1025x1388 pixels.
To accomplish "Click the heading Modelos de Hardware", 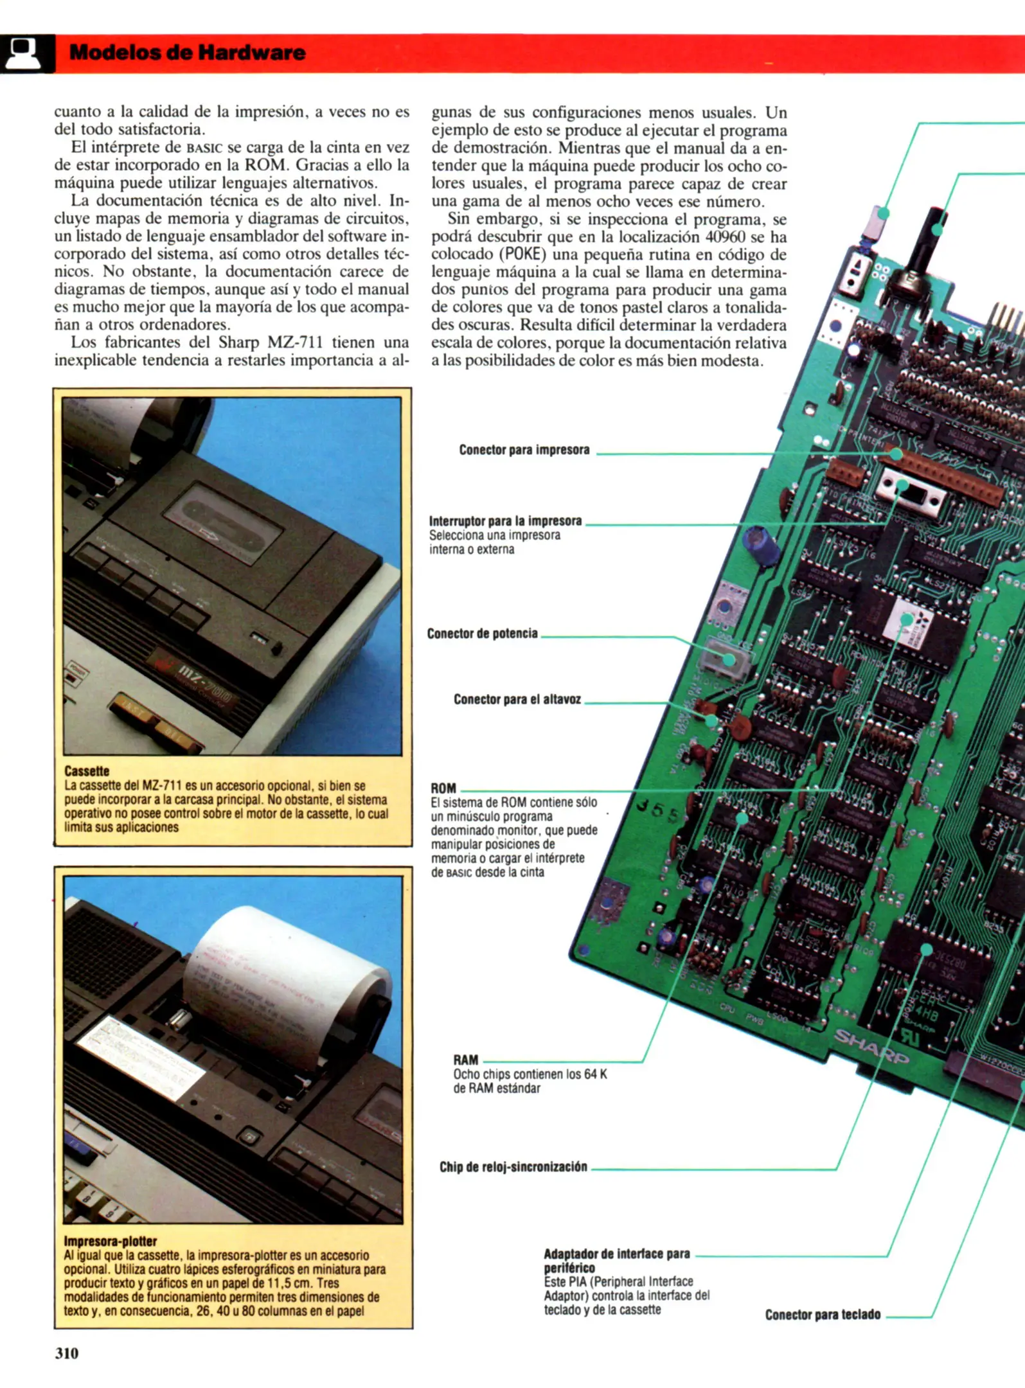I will [x=187, y=53].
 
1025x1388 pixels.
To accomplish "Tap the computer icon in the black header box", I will [x=22, y=53].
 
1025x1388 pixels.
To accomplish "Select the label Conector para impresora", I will [x=524, y=450].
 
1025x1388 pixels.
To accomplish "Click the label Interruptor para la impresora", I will [x=505, y=520].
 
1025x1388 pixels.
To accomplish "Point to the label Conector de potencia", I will [x=482, y=634].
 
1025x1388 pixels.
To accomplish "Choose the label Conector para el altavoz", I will [x=517, y=699].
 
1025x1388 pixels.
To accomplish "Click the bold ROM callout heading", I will [x=443, y=788].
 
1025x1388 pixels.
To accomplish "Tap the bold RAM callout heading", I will [x=465, y=1060].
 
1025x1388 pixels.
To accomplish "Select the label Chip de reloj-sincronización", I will [x=513, y=1166].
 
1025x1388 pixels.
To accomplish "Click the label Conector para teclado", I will [x=822, y=1315].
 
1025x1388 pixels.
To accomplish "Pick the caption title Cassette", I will [x=86, y=770].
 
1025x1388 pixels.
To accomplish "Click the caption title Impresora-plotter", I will [x=110, y=1241].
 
